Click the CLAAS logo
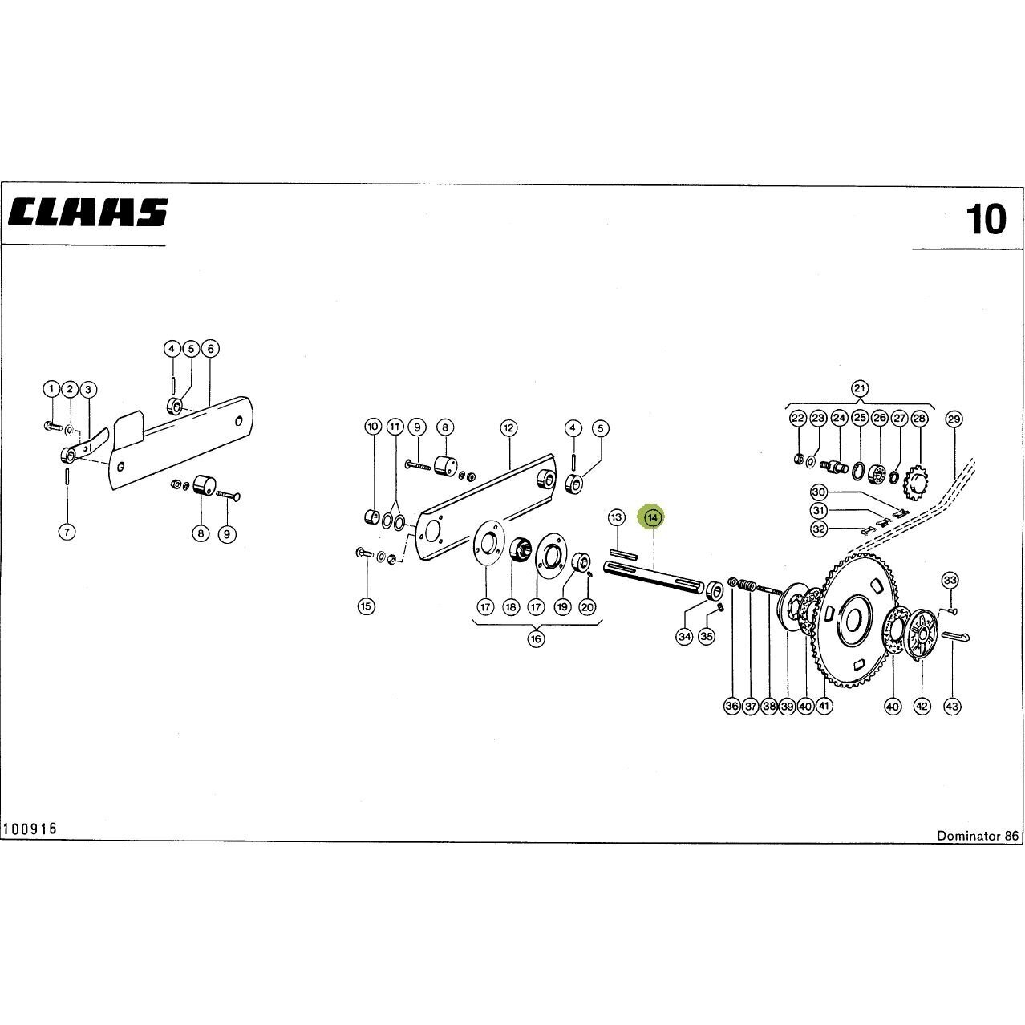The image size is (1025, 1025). (x=88, y=213)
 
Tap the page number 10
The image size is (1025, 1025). (x=986, y=219)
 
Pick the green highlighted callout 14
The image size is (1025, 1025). (x=654, y=517)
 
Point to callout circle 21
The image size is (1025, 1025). (x=860, y=388)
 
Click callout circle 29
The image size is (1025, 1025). (x=954, y=419)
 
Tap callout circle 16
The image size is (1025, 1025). (x=537, y=639)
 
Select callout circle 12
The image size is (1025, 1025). (x=508, y=427)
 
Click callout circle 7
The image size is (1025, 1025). (x=67, y=531)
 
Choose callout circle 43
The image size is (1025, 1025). (x=952, y=707)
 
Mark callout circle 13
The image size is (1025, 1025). (x=617, y=517)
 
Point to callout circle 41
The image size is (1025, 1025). (x=824, y=706)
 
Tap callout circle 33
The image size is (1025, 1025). (x=950, y=580)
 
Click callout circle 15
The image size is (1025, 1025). (x=367, y=606)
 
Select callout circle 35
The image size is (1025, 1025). (x=706, y=636)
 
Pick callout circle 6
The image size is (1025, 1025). (x=211, y=349)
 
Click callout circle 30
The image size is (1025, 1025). (x=819, y=492)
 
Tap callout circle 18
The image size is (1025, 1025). (x=511, y=607)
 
